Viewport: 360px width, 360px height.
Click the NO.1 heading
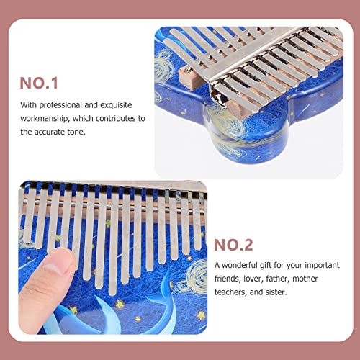point(39,83)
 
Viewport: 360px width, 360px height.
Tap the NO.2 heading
point(233,245)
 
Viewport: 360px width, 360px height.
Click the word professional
point(60,105)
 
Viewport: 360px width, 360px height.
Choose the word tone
point(76,132)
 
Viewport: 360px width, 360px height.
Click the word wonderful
point(240,265)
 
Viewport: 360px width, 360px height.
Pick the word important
point(323,266)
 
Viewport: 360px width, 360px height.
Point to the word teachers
point(230,292)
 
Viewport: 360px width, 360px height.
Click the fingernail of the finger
point(60,259)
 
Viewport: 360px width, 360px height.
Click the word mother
point(305,279)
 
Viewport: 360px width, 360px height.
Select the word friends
point(228,279)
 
